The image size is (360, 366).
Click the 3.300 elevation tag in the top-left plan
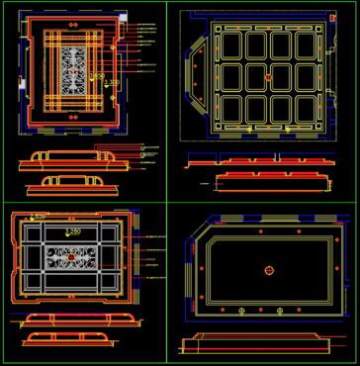[x=112, y=82]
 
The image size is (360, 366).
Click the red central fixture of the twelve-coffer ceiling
[x=267, y=76]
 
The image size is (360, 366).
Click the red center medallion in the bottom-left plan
[x=71, y=257]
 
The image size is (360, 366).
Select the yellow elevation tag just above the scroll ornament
[x=75, y=230]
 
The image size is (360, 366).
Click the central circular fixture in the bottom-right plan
[x=267, y=270]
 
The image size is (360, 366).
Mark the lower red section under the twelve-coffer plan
[x=267, y=179]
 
